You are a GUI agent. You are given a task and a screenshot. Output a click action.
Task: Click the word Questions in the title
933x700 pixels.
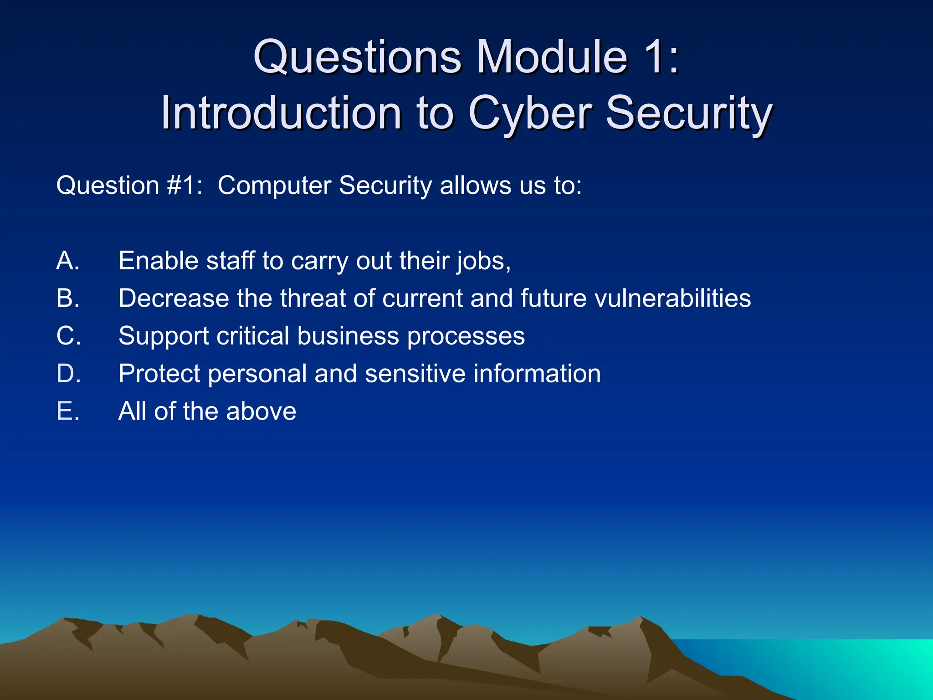(x=357, y=57)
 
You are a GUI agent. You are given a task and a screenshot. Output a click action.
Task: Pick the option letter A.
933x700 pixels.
(x=68, y=261)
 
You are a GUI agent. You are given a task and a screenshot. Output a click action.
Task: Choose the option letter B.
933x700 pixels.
(x=68, y=298)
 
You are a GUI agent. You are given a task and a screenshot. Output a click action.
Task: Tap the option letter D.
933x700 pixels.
(x=68, y=374)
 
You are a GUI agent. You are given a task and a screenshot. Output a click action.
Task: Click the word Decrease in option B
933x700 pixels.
(x=174, y=298)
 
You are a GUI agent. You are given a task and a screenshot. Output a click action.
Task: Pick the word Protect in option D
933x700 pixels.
(x=159, y=374)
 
